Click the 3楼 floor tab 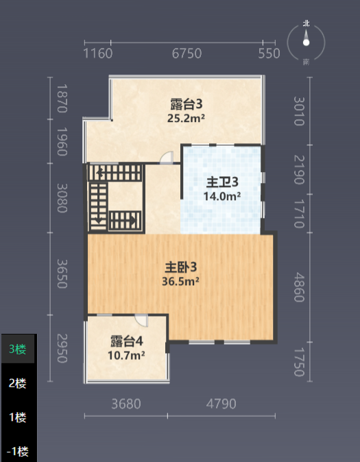(x=18, y=349)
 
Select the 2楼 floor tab (x=18, y=383)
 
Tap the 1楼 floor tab (x=18, y=417)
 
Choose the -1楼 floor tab (x=18, y=452)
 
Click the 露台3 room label (x=187, y=104)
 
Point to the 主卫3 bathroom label (x=222, y=182)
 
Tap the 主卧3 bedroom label (x=180, y=267)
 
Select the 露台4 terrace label (x=126, y=341)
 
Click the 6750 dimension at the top (x=187, y=53)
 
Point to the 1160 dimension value (x=98, y=53)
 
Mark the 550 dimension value (x=269, y=53)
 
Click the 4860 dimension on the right (x=299, y=287)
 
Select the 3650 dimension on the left (x=62, y=273)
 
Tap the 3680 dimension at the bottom (x=126, y=404)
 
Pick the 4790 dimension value (x=221, y=404)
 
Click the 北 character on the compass (x=307, y=23)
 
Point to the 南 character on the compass (x=307, y=62)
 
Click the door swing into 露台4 (x=141, y=320)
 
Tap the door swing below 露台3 (x=167, y=158)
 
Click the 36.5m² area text (x=180, y=282)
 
